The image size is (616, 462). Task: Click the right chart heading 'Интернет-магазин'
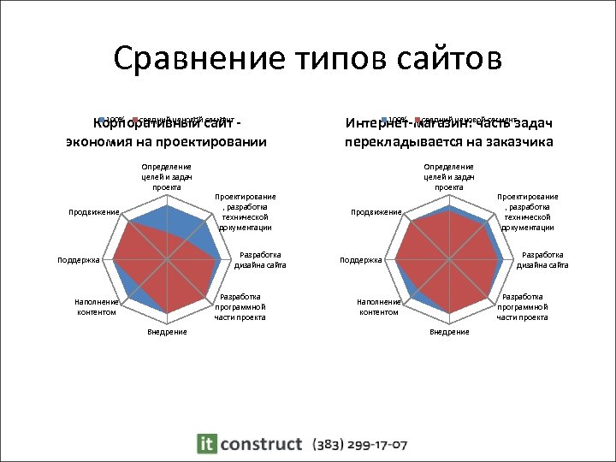[449, 132]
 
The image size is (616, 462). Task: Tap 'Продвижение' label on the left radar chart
[93, 212]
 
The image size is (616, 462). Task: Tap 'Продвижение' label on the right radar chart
[376, 212]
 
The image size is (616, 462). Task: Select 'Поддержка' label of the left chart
[79, 259]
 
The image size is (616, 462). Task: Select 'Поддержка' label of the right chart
[361, 259]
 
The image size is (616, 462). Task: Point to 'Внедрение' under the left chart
[167, 332]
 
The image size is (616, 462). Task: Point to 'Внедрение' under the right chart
[449, 332]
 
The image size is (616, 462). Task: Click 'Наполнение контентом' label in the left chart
[95, 307]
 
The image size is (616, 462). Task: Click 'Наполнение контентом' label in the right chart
[377, 307]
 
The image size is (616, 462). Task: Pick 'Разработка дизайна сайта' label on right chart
[542, 260]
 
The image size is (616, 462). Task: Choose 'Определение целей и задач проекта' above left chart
[167, 176]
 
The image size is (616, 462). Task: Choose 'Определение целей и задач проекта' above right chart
[448, 176]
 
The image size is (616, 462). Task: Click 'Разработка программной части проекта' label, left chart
[240, 306]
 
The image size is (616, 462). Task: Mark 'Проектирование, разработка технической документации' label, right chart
[527, 212]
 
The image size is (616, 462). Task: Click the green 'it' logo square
[206, 443]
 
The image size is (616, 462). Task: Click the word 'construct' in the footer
[261, 444]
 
